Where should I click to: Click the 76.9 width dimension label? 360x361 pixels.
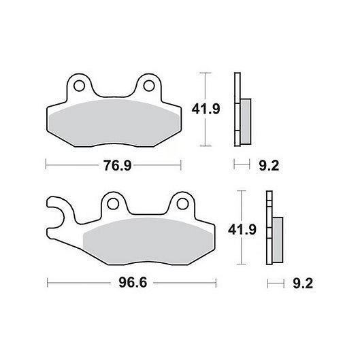[x=118, y=165]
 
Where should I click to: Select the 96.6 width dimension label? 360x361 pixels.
[x=133, y=283]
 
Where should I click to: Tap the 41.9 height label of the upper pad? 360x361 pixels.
[x=206, y=109]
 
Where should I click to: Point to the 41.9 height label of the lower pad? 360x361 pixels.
[x=242, y=230]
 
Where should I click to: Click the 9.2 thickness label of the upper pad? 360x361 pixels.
[x=269, y=165]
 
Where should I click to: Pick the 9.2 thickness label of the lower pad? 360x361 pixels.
[x=303, y=283]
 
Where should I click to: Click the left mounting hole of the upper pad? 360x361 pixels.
[x=80, y=86]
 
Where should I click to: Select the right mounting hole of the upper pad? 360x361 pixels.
[x=149, y=86]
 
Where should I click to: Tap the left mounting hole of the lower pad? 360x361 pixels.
[x=113, y=204]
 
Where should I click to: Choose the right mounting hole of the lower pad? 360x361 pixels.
[x=182, y=204]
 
